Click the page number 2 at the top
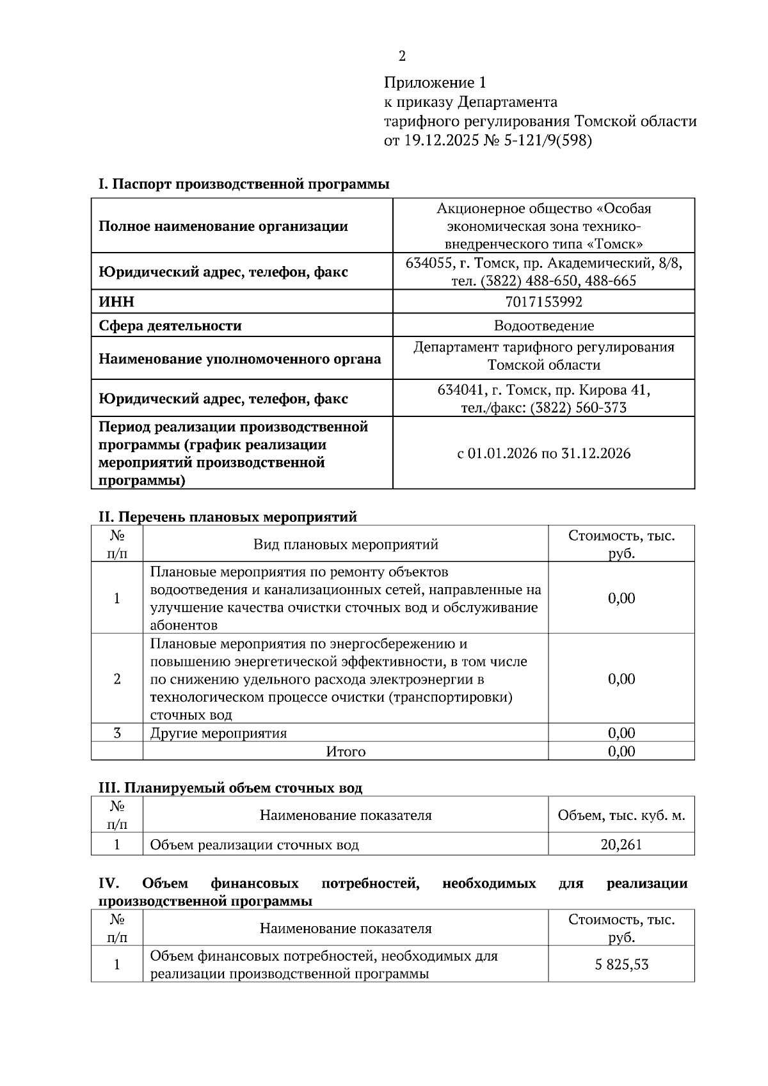pyautogui.click(x=402, y=57)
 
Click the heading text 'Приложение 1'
pyautogui.click(x=435, y=83)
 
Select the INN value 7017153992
pyautogui.click(x=543, y=302)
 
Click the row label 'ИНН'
pyautogui.click(x=116, y=302)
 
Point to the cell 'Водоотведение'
pyautogui.click(x=543, y=326)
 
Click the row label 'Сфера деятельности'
pyautogui.click(x=170, y=326)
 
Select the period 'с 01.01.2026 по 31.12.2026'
pyautogui.click(x=543, y=453)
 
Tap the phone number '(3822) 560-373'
pyautogui.click(x=578, y=408)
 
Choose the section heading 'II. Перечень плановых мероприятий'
pyautogui.click(x=227, y=517)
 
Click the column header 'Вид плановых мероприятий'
pyautogui.click(x=346, y=544)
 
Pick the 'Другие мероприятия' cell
pyautogui.click(x=218, y=733)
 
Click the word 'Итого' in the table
pyautogui.click(x=346, y=752)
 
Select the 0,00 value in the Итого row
pyautogui.click(x=621, y=752)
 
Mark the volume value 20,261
pyautogui.click(x=621, y=844)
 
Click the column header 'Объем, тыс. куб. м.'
pyautogui.click(x=621, y=815)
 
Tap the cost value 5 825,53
pyautogui.click(x=621, y=964)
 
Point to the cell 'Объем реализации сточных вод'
pyautogui.click(x=254, y=845)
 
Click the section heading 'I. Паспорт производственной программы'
pyautogui.click(x=244, y=184)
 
